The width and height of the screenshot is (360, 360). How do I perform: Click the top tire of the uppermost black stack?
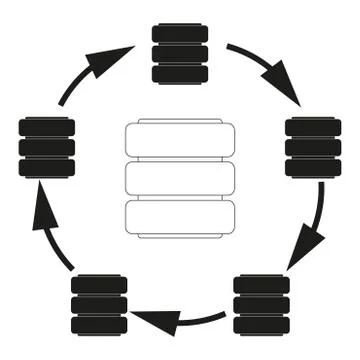pos(180,33)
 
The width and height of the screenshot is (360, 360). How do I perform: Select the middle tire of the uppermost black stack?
pos(180,53)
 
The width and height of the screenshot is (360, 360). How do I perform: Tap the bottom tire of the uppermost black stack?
pos(180,73)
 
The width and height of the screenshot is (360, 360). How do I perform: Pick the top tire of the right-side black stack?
pos(313,128)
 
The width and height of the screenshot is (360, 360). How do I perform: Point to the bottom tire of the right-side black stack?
pos(313,168)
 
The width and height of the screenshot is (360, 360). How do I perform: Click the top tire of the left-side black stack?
pos(47,128)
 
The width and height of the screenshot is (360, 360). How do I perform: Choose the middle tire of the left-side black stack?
pos(47,148)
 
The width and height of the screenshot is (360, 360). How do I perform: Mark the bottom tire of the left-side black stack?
pos(47,168)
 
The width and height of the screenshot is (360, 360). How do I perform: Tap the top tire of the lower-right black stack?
pos(261,284)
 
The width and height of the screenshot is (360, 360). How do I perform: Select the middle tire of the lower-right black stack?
pos(261,304)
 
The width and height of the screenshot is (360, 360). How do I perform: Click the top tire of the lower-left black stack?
pos(100,284)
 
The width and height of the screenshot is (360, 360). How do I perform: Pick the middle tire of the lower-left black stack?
pos(100,304)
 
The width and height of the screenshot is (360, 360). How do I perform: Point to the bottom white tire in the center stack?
pos(180,217)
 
